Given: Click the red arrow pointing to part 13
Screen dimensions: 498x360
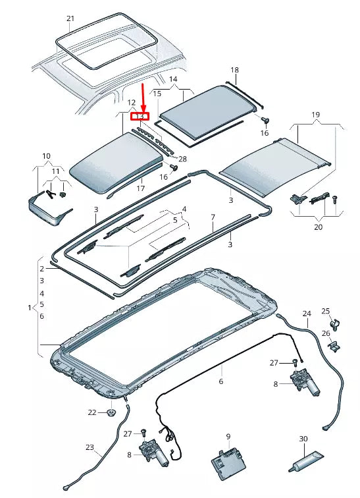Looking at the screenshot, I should coord(143,97).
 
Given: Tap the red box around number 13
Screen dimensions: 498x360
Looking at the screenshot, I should coord(140,117).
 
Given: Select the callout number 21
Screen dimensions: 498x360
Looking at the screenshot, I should coord(70,18).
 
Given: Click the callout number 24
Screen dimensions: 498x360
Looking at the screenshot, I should coord(306,313).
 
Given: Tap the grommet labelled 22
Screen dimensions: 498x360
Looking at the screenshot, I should coord(111,413).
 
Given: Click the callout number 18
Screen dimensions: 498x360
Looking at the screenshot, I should coord(234,69).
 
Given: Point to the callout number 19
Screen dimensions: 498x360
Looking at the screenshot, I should coord(315,115).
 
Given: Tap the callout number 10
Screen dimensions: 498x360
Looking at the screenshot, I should coord(47,156).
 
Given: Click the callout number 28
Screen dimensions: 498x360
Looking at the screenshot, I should coord(182,159).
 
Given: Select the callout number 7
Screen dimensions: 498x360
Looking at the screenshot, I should coord(213,217).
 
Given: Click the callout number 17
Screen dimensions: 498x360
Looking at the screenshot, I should coord(140,189).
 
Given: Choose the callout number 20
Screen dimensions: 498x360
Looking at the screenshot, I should coord(318,227).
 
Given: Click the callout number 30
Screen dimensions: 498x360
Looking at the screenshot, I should coord(303,439).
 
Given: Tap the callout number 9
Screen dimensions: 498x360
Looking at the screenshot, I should coord(228,436).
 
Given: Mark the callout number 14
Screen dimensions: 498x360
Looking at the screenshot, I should coord(174,80).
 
